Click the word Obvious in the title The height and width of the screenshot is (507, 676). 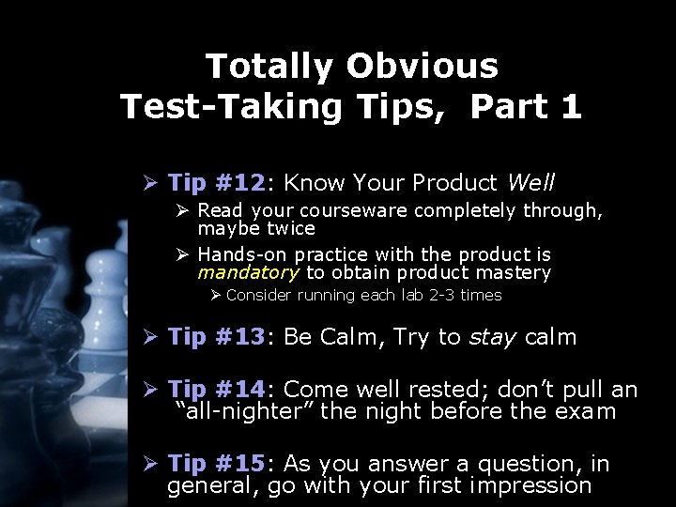point(422,67)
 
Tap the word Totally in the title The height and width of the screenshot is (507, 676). point(269,67)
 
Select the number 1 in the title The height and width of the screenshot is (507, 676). point(569,106)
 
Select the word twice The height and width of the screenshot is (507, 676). point(289,228)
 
